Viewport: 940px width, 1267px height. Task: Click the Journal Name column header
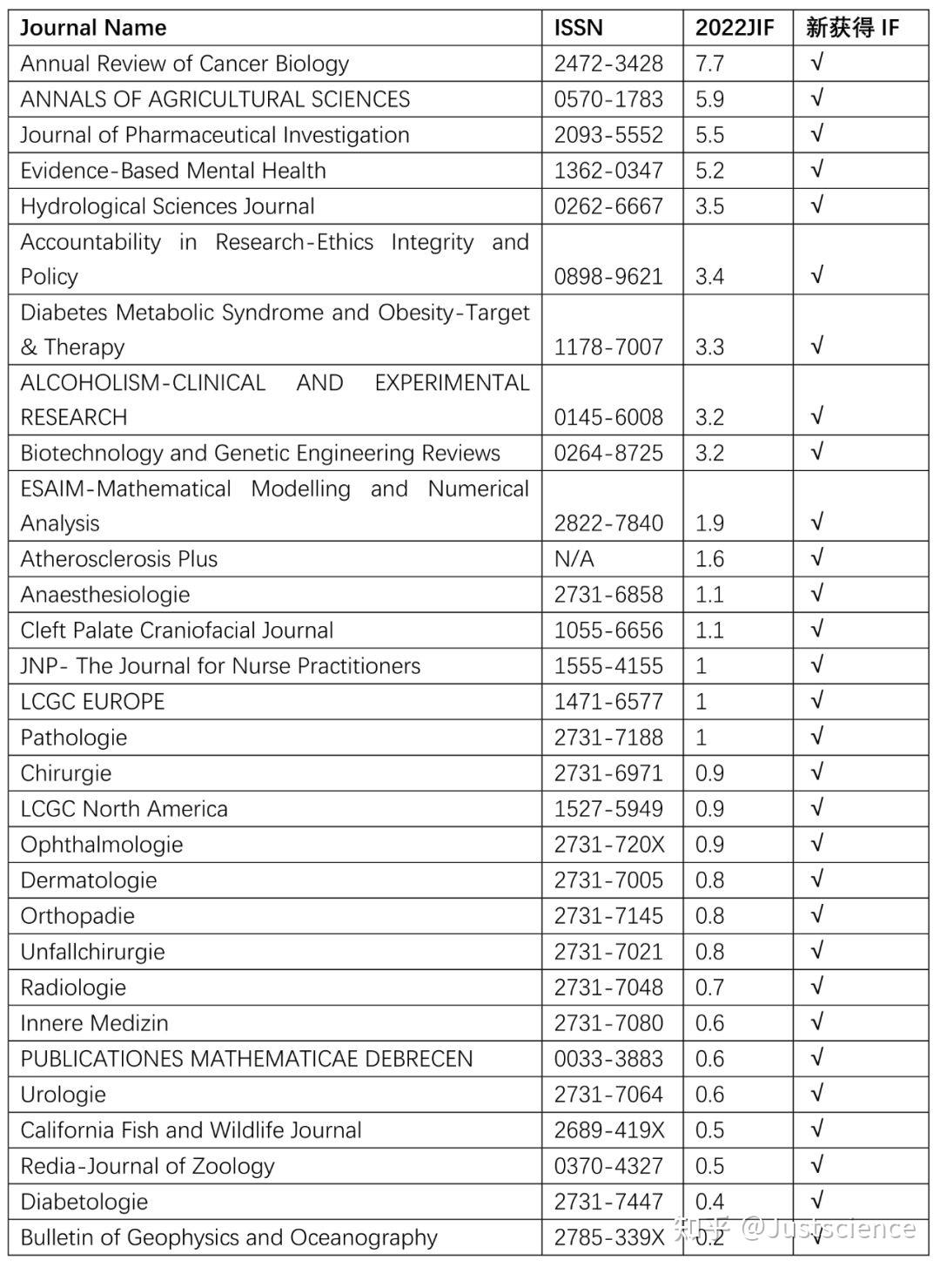click(93, 28)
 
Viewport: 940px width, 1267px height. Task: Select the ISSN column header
click(578, 28)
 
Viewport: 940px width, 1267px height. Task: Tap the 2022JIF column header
click(734, 28)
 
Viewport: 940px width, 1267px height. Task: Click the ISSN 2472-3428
click(608, 64)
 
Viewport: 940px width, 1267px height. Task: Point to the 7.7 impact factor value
click(709, 64)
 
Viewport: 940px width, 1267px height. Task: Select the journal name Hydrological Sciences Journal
click(167, 206)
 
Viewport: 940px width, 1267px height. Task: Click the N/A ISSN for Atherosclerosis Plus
click(574, 559)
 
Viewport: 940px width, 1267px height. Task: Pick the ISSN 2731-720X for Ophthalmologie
click(608, 845)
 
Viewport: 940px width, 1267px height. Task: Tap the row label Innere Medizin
click(94, 1023)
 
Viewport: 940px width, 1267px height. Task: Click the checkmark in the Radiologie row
click(816, 987)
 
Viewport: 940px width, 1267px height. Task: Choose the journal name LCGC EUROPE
click(92, 702)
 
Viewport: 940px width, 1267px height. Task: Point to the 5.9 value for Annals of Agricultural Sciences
click(709, 99)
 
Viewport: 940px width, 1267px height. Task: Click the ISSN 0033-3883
click(608, 1059)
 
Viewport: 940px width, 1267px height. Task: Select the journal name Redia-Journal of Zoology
click(147, 1166)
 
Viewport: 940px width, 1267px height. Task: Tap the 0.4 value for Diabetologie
click(709, 1202)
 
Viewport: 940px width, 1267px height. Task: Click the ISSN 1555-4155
click(608, 666)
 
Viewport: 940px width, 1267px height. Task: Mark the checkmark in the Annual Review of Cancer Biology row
click(816, 63)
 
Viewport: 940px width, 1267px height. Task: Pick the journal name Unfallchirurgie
click(92, 952)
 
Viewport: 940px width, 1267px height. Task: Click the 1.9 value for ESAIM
click(709, 523)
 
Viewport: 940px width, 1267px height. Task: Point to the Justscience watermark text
click(827, 1228)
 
